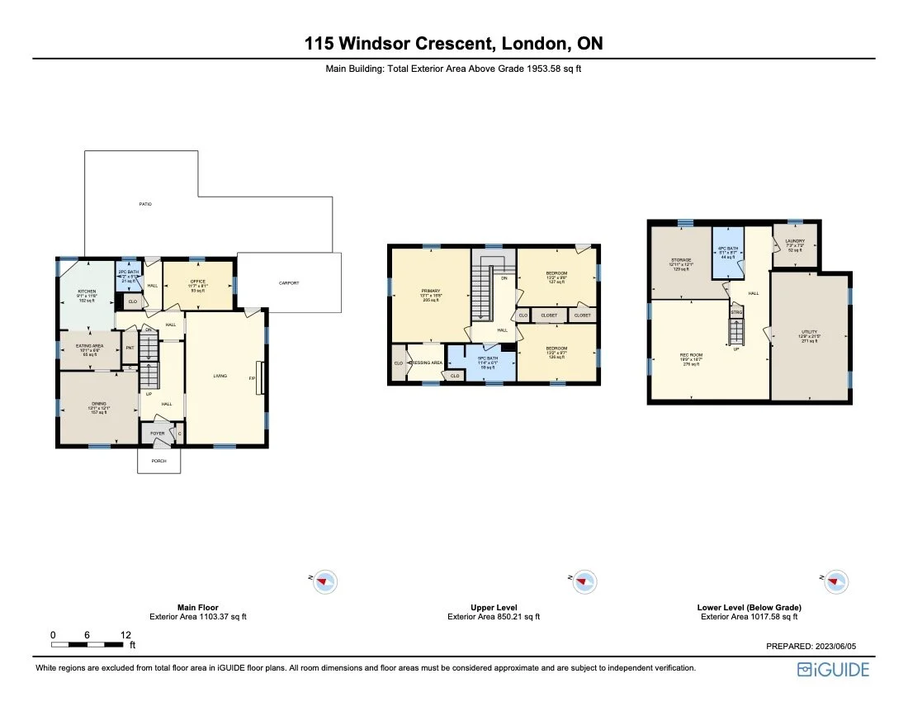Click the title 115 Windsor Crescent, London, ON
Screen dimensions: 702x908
(453, 43)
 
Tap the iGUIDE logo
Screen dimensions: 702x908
(833, 670)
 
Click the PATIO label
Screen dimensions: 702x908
(145, 204)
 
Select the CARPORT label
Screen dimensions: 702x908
(288, 283)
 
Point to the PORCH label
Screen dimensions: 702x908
(158, 462)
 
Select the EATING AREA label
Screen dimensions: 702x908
(90, 349)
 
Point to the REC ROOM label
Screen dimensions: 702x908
(690, 358)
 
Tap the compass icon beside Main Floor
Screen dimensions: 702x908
(326, 581)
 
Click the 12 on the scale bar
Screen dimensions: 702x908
(125, 635)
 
